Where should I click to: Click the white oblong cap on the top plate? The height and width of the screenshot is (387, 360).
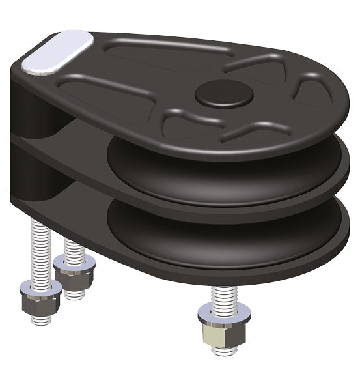[57, 51]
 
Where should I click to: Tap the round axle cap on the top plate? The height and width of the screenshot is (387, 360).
[223, 94]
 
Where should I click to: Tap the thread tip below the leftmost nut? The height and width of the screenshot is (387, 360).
[40, 319]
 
